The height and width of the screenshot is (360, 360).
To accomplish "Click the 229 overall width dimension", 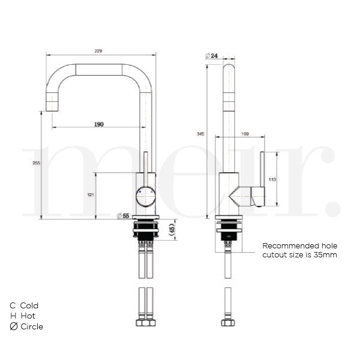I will [98, 51].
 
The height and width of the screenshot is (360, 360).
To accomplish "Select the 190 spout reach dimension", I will [99, 124].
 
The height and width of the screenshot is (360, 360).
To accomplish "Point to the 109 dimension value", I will [245, 133].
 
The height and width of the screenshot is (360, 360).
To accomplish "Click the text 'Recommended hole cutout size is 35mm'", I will [299, 250].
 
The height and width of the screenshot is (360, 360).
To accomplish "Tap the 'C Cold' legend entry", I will [25, 305].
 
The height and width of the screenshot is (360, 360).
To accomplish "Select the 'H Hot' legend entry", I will [23, 316].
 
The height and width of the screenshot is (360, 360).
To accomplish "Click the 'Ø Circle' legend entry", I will [26, 326].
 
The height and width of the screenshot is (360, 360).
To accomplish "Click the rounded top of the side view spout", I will [229, 65].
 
